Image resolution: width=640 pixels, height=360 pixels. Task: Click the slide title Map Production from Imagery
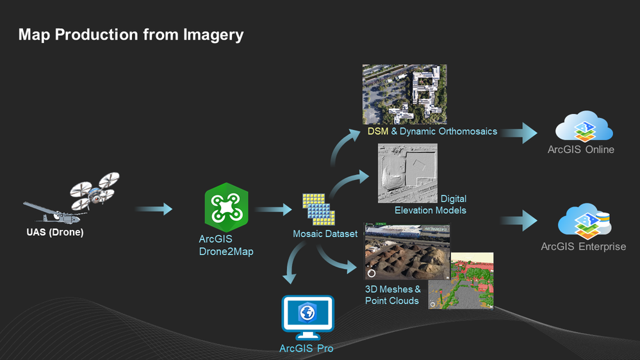131,34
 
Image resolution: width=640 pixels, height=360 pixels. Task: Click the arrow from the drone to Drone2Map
154,209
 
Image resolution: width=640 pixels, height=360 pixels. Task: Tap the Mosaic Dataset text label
325,234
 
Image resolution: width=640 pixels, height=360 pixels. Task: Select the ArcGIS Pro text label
306,348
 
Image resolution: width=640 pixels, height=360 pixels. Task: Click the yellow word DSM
378,131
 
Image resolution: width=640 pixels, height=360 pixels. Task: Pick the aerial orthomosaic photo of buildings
404,94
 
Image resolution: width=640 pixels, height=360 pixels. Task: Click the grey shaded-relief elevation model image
407,174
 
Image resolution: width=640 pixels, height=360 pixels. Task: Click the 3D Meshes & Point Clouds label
393,295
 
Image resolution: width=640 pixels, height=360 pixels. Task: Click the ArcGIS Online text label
580,149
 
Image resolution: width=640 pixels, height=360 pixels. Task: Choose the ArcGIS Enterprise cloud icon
584,221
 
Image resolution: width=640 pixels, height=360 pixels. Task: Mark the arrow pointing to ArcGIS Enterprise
520,221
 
